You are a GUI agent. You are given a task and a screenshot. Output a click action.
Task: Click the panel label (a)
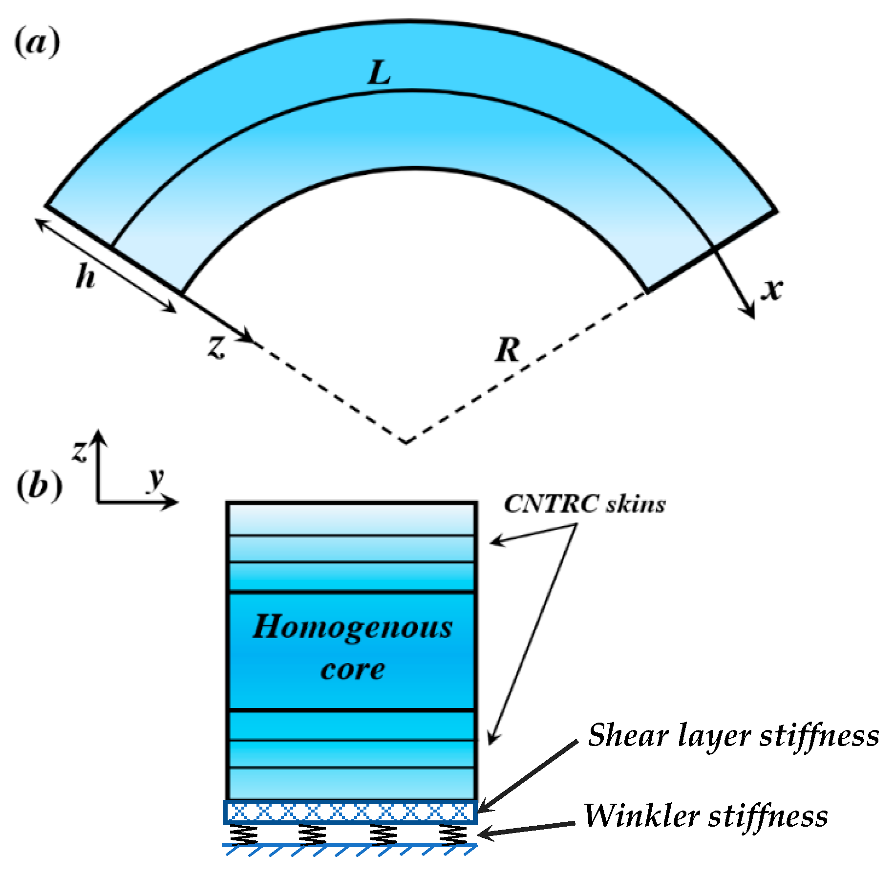click(37, 43)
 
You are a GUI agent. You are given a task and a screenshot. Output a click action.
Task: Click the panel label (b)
click(39, 486)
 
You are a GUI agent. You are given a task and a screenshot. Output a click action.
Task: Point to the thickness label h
click(85, 278)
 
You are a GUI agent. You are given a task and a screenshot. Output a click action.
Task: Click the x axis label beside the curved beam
click(772, 289)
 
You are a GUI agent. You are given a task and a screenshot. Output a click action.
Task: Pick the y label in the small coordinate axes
click(156, 479)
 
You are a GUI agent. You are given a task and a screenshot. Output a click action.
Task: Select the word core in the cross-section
click(352, 669)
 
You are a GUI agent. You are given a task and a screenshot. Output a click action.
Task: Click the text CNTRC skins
click(584, 504)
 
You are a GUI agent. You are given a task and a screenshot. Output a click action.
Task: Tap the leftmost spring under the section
click(243, 834)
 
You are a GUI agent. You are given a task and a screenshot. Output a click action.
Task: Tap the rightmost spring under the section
click(453, 834)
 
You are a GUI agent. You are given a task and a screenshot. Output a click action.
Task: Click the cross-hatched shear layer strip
click(350, 813)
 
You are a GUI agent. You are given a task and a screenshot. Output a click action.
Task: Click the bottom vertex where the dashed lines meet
click(405, 442)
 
